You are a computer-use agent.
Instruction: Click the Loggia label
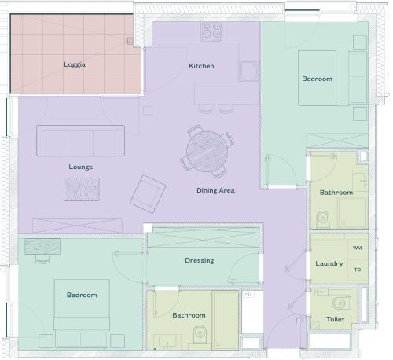coord(75,64)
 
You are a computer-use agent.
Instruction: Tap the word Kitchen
coord(201,66)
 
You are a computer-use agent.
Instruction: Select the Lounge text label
coord(81,167)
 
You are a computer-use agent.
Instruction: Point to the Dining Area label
coord(215,190)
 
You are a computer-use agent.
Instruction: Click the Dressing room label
coord(200,260)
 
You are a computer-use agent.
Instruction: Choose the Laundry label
coord(329,263)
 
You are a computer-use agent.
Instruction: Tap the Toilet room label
coord(336,319)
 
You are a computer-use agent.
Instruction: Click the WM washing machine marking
coord(358,248)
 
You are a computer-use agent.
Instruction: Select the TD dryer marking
coord(358,270)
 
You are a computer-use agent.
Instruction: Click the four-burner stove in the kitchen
coord(211,31)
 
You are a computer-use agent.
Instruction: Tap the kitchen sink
coord(249,71)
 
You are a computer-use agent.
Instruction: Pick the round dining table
coord(208,152)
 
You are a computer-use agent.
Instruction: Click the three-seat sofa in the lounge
coord(80,141)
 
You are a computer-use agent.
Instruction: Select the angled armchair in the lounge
coord(148,194)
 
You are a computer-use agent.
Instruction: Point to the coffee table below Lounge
coord(82,189)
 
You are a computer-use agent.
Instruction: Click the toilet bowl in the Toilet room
coord(342,303)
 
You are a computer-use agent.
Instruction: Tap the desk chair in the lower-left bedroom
coord(42,259)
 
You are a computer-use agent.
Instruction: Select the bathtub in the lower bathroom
coord(226,320)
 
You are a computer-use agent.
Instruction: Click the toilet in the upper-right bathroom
coord(323,219)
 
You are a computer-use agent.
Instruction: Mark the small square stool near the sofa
coord(148,110)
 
